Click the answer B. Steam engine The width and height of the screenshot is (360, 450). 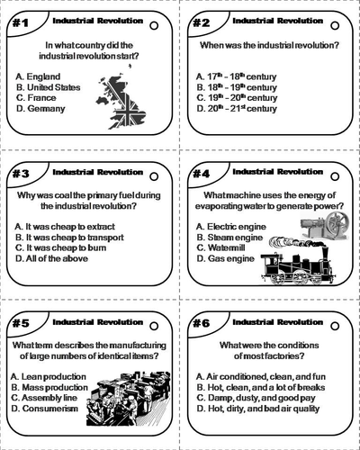[230, 238]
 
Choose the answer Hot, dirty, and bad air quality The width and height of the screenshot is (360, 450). [263, 409]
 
